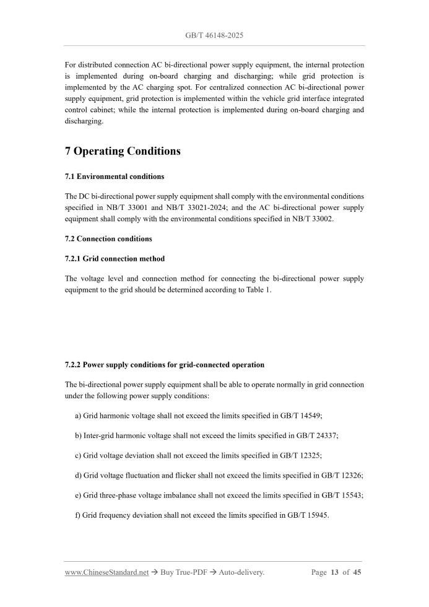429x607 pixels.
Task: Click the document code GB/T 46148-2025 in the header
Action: (214, 35)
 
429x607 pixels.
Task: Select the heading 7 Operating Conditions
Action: (123, 151)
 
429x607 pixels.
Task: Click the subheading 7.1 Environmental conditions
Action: (115, 177)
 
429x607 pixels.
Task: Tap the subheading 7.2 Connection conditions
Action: (108, 238)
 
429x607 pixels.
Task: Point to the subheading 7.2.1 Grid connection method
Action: (115, 258)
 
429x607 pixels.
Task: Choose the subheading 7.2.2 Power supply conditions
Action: (164, 365)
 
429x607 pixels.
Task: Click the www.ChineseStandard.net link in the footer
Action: (106, 572)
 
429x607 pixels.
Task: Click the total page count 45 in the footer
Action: (357, 572)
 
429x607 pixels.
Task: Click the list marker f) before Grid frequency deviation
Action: (78, 515)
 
